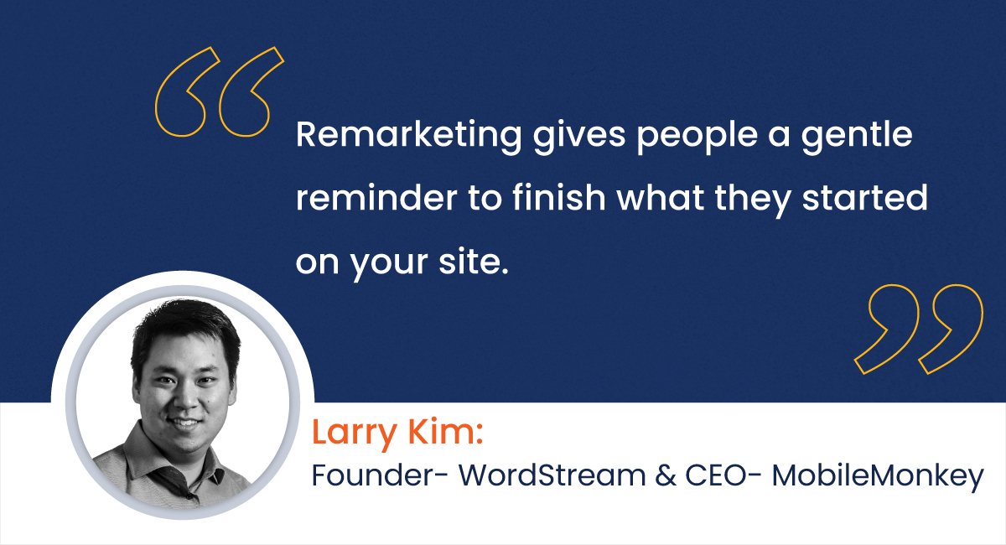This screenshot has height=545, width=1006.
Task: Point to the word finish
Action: (x=537, y=200)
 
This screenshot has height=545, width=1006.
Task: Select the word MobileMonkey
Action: (x=877, y=475)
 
